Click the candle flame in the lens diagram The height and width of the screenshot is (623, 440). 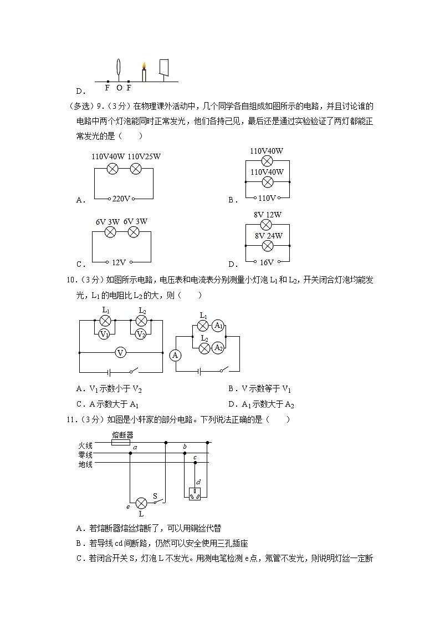[144, 66]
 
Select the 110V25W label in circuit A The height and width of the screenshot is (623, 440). [144, 156]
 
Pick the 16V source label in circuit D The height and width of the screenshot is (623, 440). [267, 262]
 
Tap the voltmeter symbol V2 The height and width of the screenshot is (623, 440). [141, 334]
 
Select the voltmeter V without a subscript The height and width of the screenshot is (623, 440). [121, 352]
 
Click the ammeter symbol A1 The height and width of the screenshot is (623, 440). [218, 326]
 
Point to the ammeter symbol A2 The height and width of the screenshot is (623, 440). [218, 348]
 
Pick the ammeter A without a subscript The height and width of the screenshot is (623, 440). [176, 355]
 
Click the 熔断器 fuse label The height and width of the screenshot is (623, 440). [122, 434]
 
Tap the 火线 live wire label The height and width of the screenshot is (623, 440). [86, 445]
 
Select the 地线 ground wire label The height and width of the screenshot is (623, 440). [86, 464]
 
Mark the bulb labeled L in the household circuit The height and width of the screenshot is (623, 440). [141, 503]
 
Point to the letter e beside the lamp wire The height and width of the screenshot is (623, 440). [128, 506]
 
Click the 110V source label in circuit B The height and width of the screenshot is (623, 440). [267, 198]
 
